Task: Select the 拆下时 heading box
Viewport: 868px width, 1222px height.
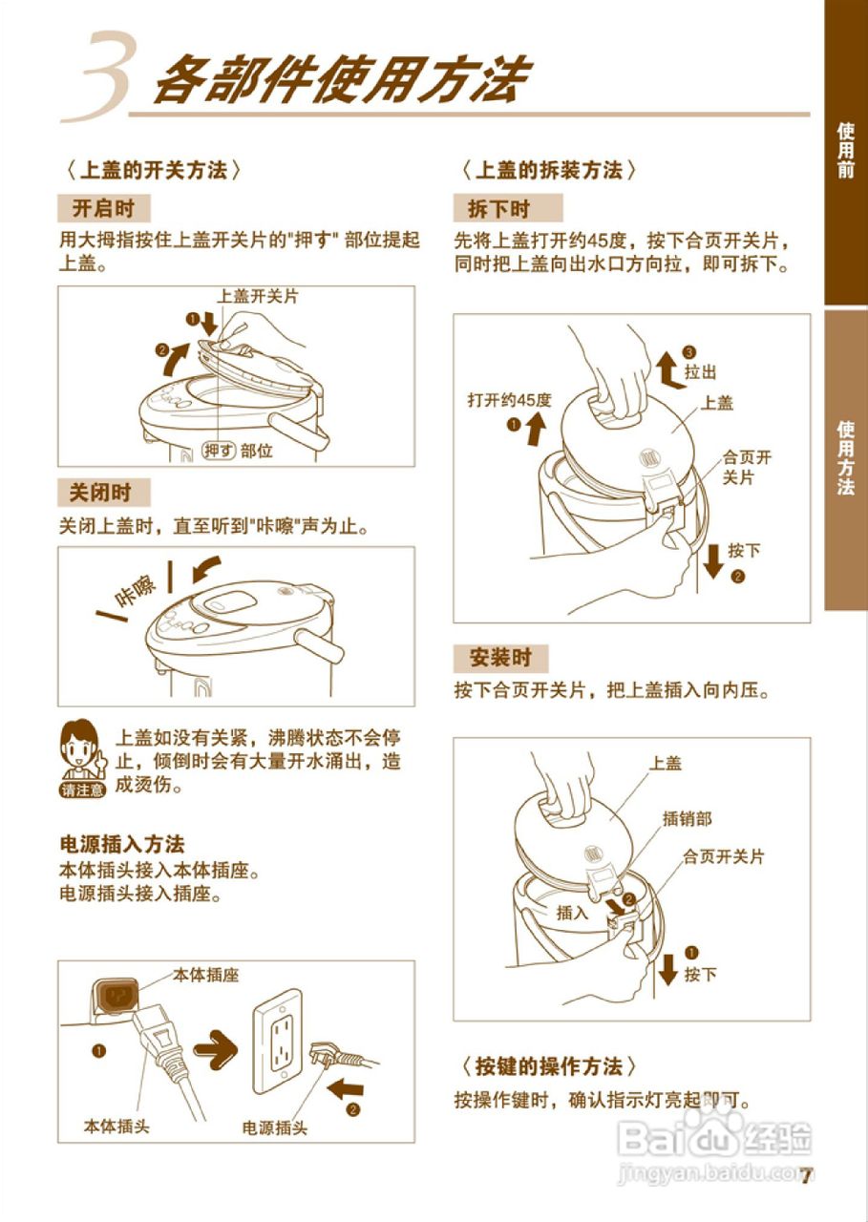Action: [x=498, y=208]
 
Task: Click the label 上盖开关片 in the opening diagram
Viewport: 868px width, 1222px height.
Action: [x=258, y=296]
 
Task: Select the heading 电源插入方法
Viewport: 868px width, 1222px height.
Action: [x=121, y=844]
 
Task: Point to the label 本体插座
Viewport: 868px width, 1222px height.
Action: [x=205, y=975]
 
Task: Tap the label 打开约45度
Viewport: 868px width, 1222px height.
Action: [x=510, y=399]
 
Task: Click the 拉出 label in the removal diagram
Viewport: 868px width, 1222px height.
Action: [x=700, y=371]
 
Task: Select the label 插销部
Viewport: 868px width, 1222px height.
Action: [x=687, y=819]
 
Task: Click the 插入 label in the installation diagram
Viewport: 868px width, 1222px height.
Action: [x=573, y=913]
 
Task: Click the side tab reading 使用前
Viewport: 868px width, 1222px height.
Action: [x=845, y=150]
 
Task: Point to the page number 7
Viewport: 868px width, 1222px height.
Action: [x=806, y=1174]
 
